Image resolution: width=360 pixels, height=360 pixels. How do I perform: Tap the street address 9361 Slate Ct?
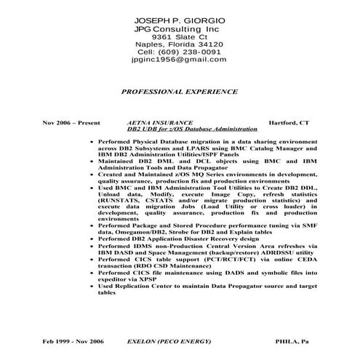click(x=179, y=36)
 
